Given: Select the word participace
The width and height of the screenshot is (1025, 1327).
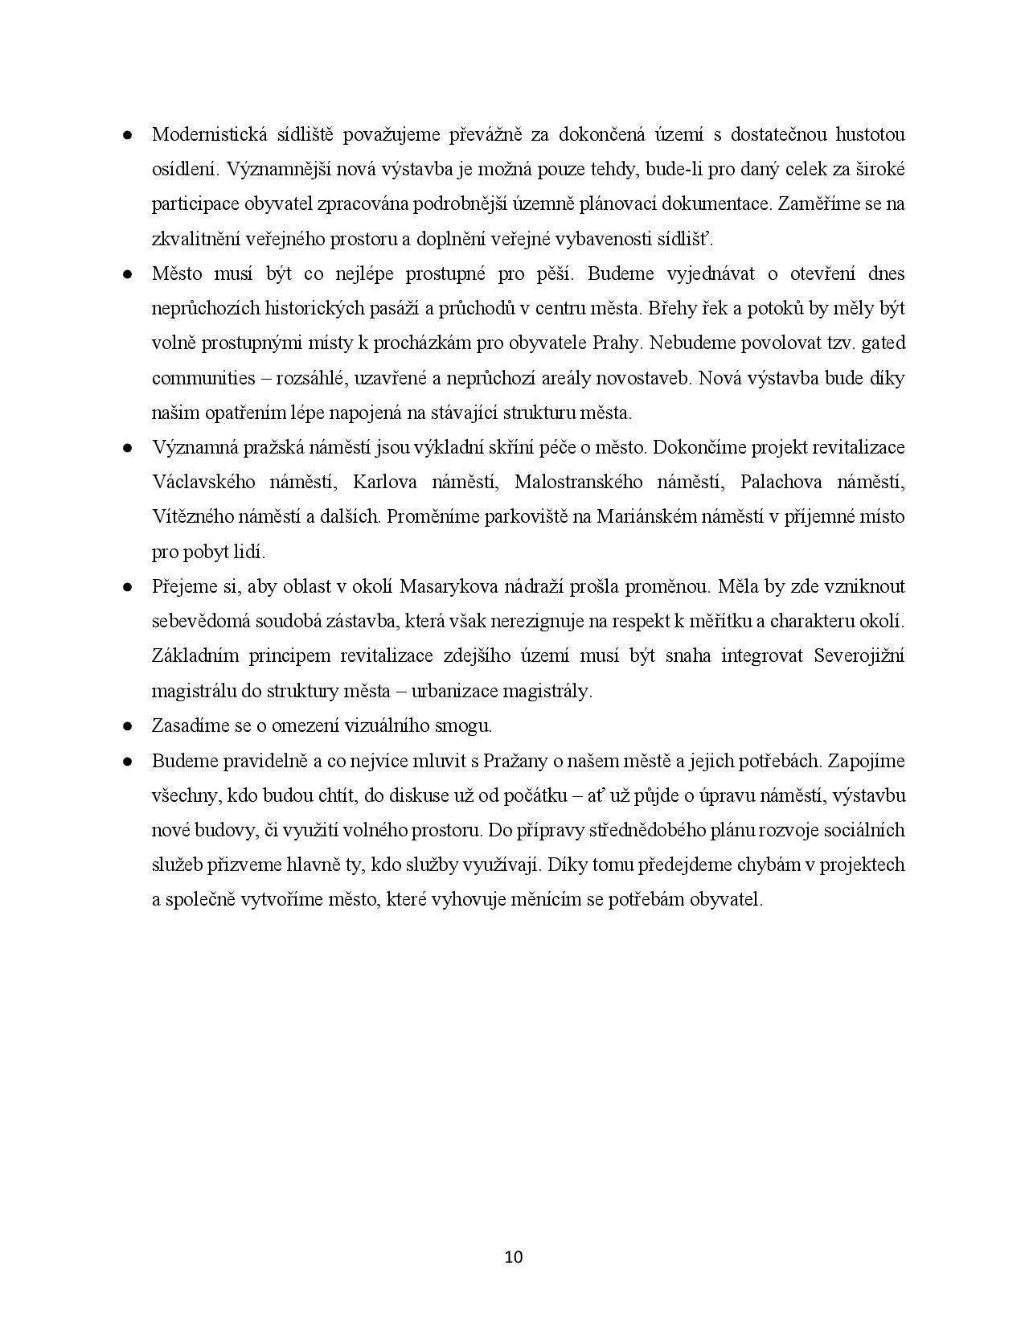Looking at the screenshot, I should [193, 204].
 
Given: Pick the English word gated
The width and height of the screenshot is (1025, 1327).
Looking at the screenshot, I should [883, 343].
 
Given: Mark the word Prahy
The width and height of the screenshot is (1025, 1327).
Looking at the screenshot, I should [617, 343].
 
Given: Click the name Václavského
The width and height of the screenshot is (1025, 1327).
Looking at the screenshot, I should [203, 483].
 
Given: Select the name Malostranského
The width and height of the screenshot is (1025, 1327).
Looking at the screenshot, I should [578, 483].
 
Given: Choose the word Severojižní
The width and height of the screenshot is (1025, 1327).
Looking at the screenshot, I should [859, 656].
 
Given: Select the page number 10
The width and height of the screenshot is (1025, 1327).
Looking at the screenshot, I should [514, 1257].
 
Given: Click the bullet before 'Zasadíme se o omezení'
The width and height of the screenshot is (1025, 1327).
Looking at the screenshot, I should [127, 726].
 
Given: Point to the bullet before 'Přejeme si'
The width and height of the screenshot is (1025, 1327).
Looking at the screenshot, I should [127, 587].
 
